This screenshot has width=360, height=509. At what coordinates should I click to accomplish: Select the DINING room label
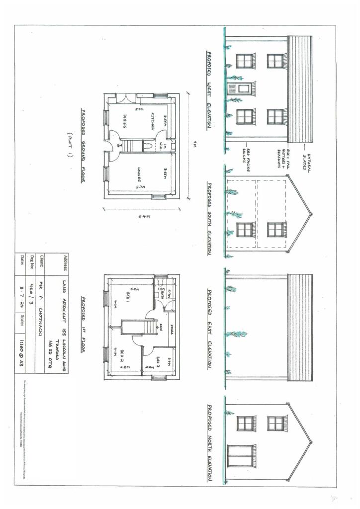click(125, 121)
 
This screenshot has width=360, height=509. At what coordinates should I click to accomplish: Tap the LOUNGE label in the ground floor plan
click(140, 173)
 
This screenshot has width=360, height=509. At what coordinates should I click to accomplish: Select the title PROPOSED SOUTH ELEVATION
click(210, 219)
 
